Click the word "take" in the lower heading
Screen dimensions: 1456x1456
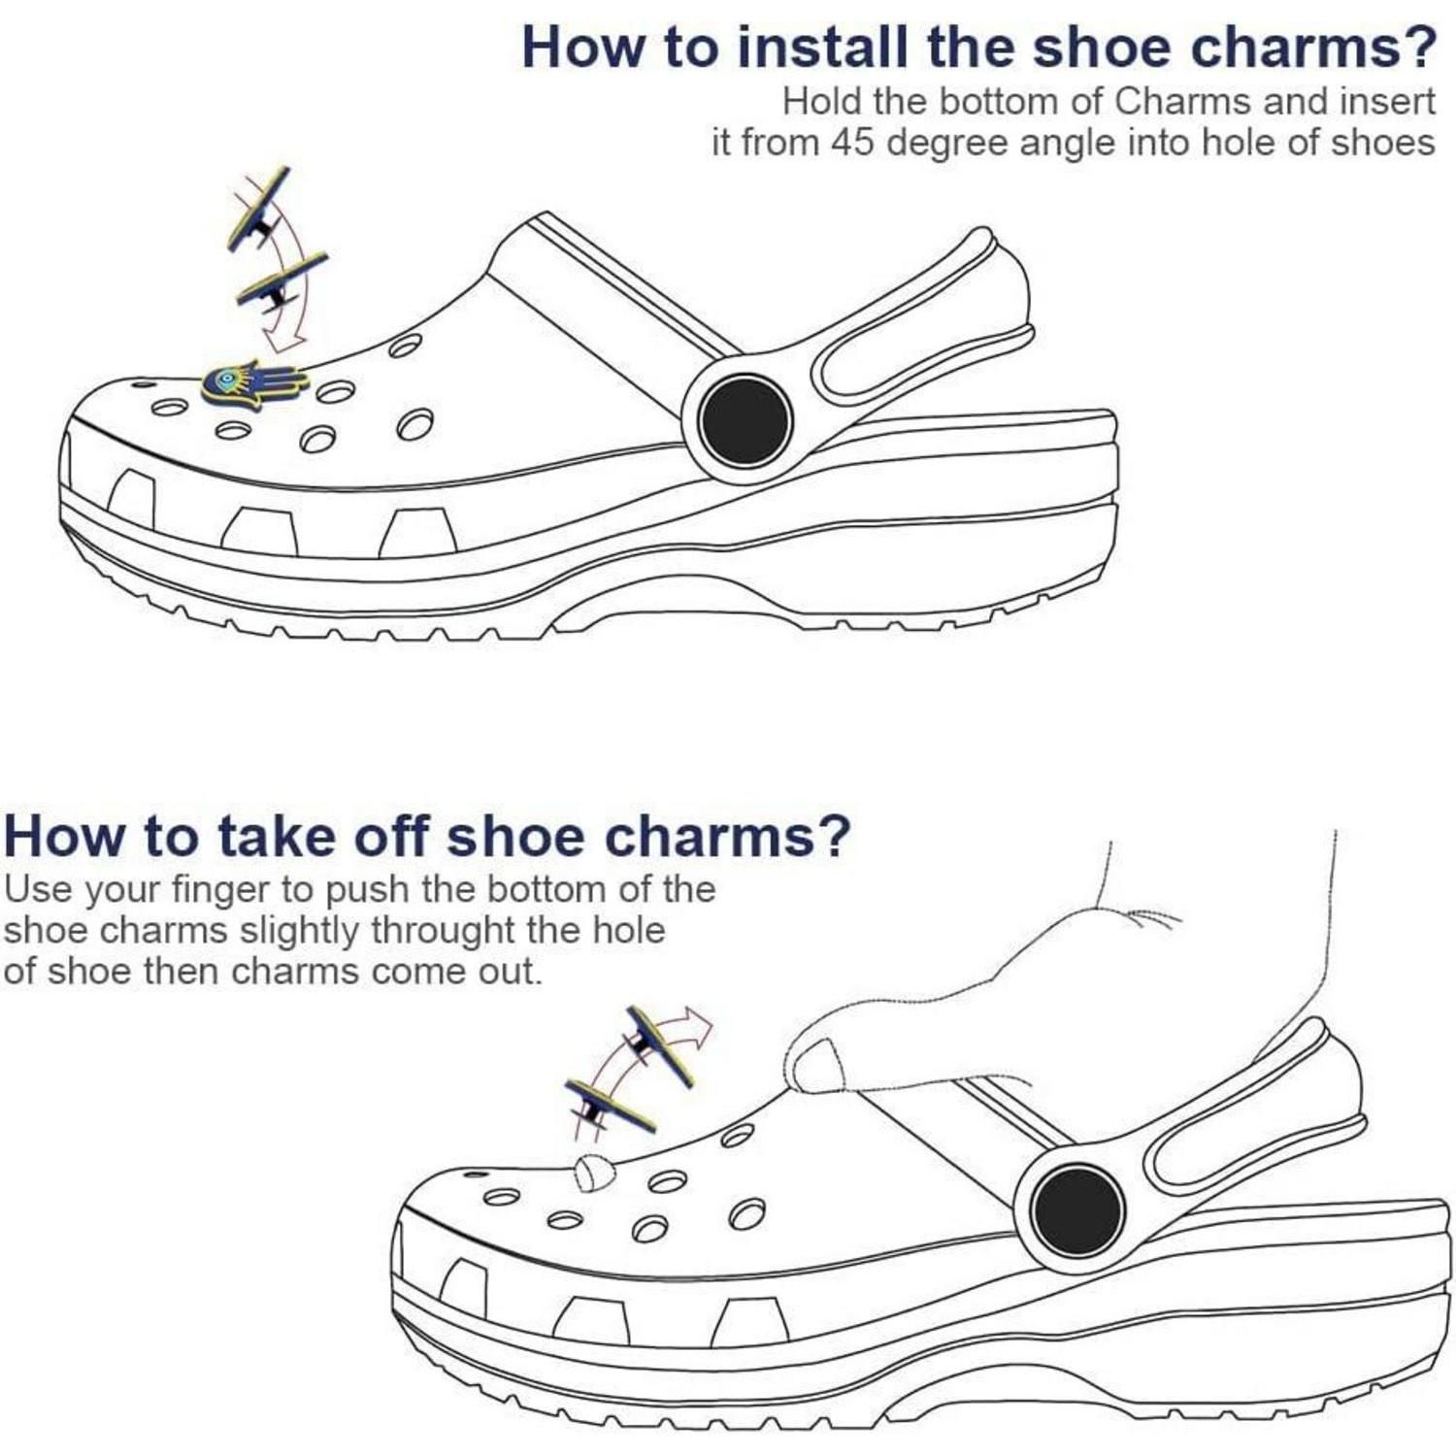tap(276, 835)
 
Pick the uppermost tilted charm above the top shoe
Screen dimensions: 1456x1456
tap(259, 209)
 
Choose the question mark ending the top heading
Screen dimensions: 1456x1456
tap(1418, 47)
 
